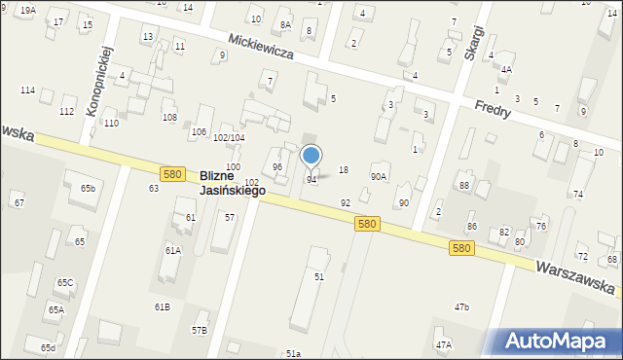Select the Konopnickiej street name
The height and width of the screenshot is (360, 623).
tap(99, 80)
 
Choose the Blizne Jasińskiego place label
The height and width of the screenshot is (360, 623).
tap(232, 183)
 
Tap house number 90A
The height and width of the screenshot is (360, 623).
tap(379, 177)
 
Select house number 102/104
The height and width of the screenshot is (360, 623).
tap(229, 138)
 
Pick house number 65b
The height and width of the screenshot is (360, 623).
tap(89, 188)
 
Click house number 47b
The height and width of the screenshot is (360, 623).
tap(461, 307)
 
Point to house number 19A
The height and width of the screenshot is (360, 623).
tap(27, 10)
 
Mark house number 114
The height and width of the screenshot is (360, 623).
tap(27, 90)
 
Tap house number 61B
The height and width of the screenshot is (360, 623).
tap(162, 307)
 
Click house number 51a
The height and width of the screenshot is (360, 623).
tap(293, 353)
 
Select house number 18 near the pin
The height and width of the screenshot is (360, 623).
tap(343, 170)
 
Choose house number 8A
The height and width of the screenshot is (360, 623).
tap(285, 25)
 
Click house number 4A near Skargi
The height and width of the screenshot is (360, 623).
tap(506, 70)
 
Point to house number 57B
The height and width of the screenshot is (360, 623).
tap(199, 330)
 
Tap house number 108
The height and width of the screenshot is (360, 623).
tap(169, 118)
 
